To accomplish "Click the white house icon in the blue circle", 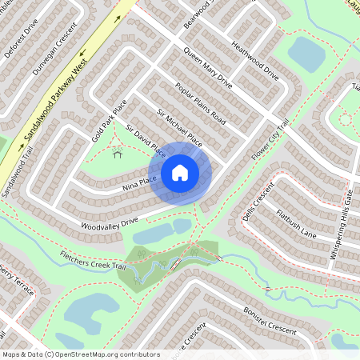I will point(180,172).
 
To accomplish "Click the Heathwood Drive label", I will point(254,62).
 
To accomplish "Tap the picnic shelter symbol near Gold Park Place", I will point(118,154).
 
